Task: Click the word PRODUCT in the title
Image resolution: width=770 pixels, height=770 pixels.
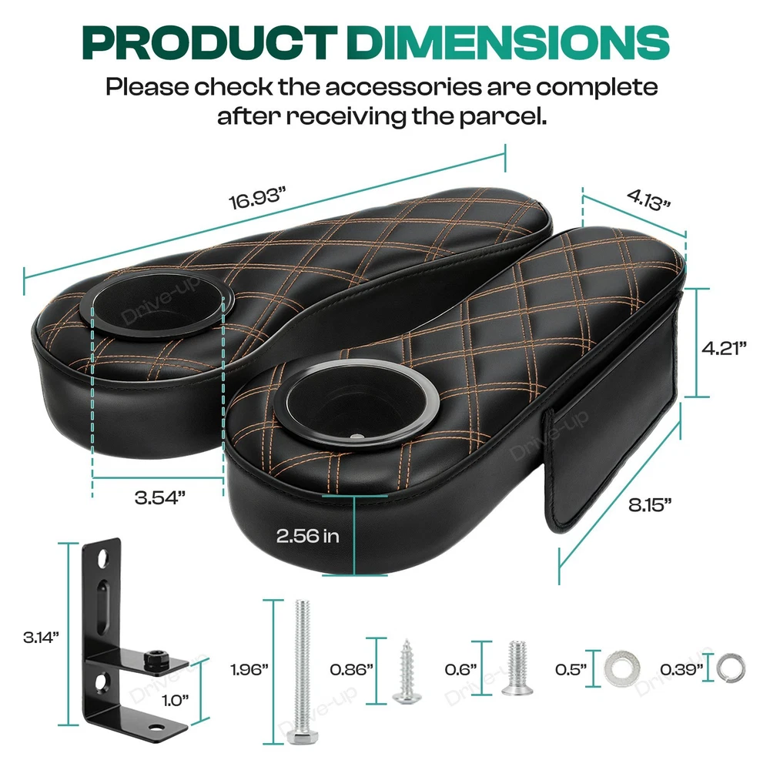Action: tap(209, 42)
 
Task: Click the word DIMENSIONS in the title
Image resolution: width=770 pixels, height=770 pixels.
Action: tap(507, 42)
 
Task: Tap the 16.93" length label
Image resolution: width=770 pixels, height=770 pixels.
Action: tap(257, 198)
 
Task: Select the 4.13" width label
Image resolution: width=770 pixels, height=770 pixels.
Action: tap(648, 200)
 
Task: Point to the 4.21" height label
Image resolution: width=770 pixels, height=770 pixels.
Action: tap(724, 348)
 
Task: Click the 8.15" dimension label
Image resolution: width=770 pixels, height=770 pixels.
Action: tap(650, 504)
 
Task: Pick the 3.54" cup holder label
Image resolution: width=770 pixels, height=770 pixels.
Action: tap(160, 497)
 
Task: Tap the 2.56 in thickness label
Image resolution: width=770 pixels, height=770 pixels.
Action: tap(307, 535)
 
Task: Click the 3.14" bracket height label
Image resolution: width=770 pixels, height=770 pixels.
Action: tap(41, 638)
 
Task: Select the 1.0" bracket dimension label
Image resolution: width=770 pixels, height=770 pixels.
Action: tap(176, 700)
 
